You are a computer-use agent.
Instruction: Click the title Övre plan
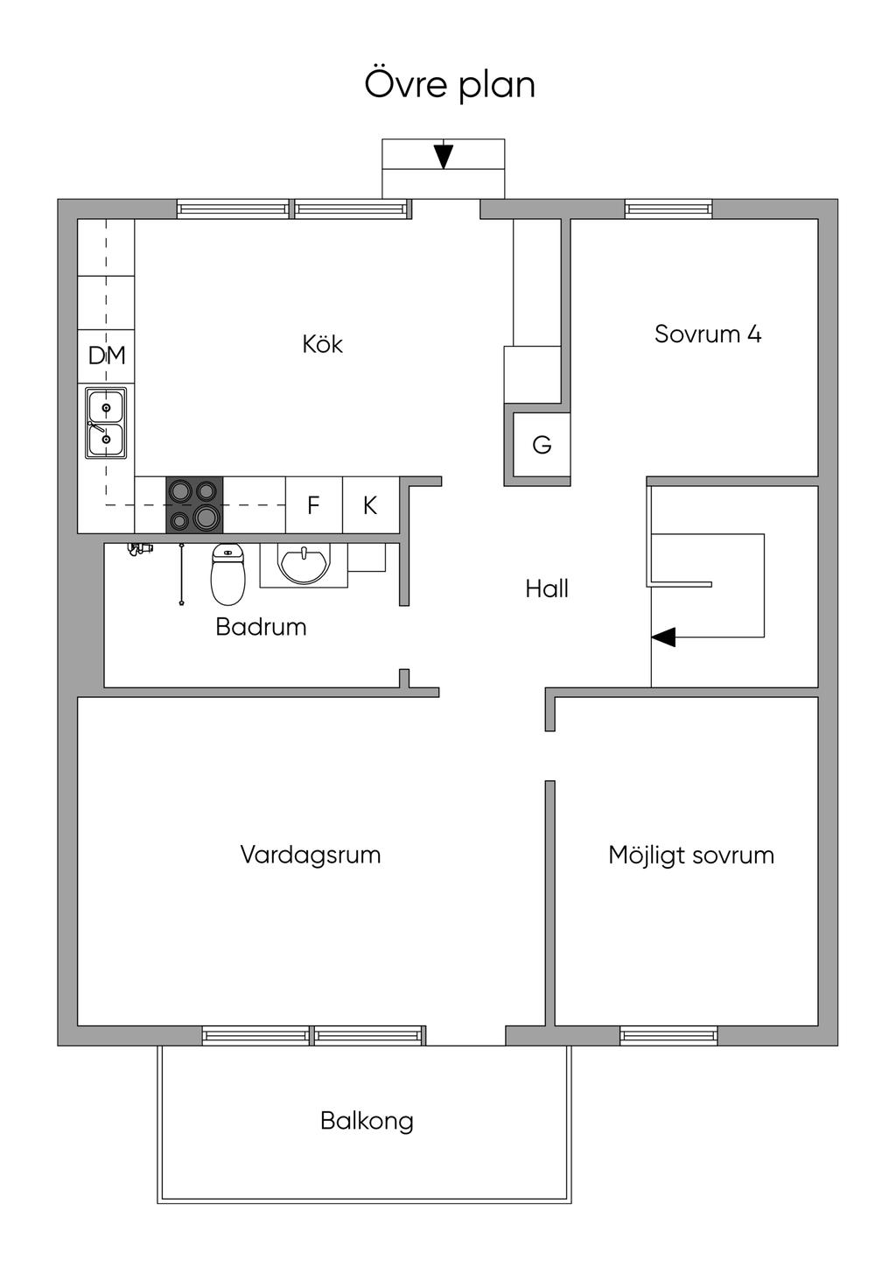pyautogui.click(x=450, y=86)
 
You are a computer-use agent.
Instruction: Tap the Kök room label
pyautogui.click(x=322, y=344)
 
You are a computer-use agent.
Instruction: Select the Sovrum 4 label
pyautogui.click(x=708, y=334)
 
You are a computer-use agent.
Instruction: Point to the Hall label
pyautogui.click(x=546, y=588)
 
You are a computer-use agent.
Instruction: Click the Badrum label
pyautogui.click(x=261, y=627)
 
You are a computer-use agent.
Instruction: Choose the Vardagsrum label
pyautogui.click(x=311, y=855)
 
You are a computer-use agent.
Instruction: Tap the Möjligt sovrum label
pyautogui.click(x=691, y=856)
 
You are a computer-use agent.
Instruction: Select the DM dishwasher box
pyautogui.click(x=106, y=356)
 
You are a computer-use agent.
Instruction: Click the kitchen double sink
pyautogui.click(x=106, y=423)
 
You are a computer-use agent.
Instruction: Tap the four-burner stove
pyautogui.click(x=194, y=505)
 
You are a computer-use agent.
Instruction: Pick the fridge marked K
pyautogui.click(x=370, y=505)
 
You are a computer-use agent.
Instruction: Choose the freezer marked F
pyautogui.click(x=313, y=505)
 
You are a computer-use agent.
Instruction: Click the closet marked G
pyautogui.click(x=542, y=445)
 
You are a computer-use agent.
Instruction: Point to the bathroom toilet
pyautogui.click(x=228, y=574)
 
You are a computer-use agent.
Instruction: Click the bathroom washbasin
pyautogui.click(x=304, y=564)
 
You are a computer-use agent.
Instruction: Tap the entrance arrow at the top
pyautogui.click(x=444, y=154)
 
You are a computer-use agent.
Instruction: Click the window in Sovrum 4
pyautogui.click(x=668, y=209)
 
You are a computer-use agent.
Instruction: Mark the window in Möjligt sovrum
pyautogui.click(x=668, y=1035)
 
